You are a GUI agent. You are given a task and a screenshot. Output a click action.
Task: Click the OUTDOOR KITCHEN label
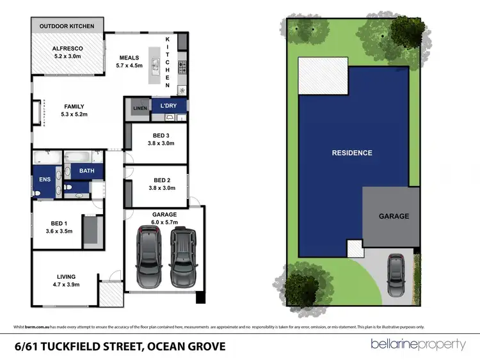67,26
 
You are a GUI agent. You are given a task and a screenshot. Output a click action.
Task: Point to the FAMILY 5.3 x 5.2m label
74,111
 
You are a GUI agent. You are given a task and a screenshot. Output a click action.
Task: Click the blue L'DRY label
169,106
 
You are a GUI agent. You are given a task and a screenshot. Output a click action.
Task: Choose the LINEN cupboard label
140,109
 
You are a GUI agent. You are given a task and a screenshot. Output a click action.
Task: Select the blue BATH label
87,171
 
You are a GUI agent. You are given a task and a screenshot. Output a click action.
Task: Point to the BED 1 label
60,227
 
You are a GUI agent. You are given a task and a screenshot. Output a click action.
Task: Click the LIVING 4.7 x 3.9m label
64,281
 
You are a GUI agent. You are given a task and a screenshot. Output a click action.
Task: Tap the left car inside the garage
148,257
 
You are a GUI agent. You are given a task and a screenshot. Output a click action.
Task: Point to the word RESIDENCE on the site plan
351,153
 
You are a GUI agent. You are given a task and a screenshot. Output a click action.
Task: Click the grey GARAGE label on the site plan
394,216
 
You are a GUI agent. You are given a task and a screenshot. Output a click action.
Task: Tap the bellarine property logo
419,345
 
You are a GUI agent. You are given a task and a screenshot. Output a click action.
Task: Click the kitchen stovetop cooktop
181,65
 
